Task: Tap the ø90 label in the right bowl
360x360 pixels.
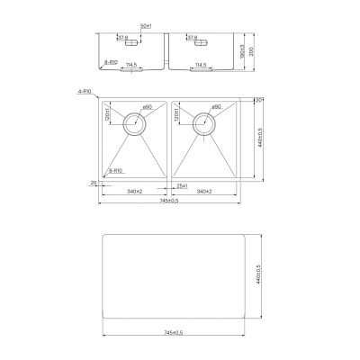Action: point(215,107)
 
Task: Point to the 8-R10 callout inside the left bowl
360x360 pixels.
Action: point(115,170)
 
